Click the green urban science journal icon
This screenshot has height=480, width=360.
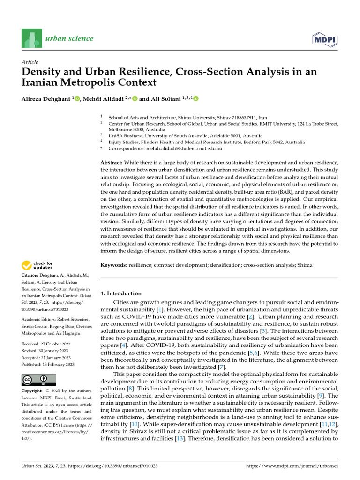coord(31,39)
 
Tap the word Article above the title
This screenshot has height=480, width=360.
coord(30,62)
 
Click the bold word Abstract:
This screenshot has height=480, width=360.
coord(112,162)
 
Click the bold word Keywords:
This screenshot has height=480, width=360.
coord(114,265)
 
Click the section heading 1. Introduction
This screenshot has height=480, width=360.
coord(121,293)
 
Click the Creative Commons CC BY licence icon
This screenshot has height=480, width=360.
coord(38,380)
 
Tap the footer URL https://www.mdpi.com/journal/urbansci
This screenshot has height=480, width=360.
coord(292,467)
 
